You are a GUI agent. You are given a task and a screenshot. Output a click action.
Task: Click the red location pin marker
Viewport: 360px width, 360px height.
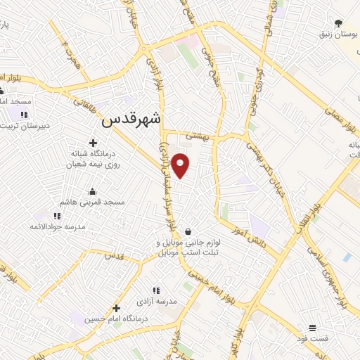[x=181, y=165]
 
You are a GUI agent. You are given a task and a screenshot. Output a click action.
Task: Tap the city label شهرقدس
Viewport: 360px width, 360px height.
[x=131, y=120]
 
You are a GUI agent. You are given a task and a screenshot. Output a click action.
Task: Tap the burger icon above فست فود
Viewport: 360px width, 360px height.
[x=312, y=328]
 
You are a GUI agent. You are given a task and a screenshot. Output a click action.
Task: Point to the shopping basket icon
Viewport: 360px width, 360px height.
[x=188, y=231]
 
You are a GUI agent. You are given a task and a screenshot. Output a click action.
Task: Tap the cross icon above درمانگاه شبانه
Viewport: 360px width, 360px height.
[x=92, y=143]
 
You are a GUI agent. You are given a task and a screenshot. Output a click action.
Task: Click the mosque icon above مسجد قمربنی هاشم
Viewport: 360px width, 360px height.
[x=92, y=192]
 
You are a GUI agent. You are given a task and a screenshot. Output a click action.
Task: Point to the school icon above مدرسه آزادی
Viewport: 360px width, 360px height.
[x=155, y=290]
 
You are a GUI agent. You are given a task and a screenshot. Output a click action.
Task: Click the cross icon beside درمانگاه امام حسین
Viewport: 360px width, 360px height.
[x=116, y=308]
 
